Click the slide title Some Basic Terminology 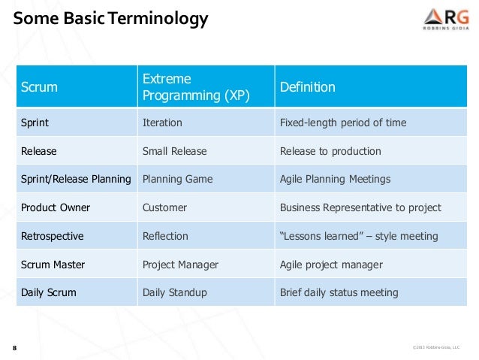coord(110,18)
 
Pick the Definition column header coord(307,87)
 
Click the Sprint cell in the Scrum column coord(35,123)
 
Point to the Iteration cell coord(162,123)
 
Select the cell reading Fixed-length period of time coord(343,123)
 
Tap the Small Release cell coord(174,151)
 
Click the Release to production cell coord(330,151)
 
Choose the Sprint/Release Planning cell coord(76,179)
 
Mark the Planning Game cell coord(177,179)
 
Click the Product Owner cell coord(55,207)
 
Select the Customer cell coord(164,207)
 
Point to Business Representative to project coord(360,207)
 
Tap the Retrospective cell coord(52,236)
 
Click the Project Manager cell coord(180,265)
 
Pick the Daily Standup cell coord(174,292)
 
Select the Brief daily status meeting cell coord(339,292)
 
